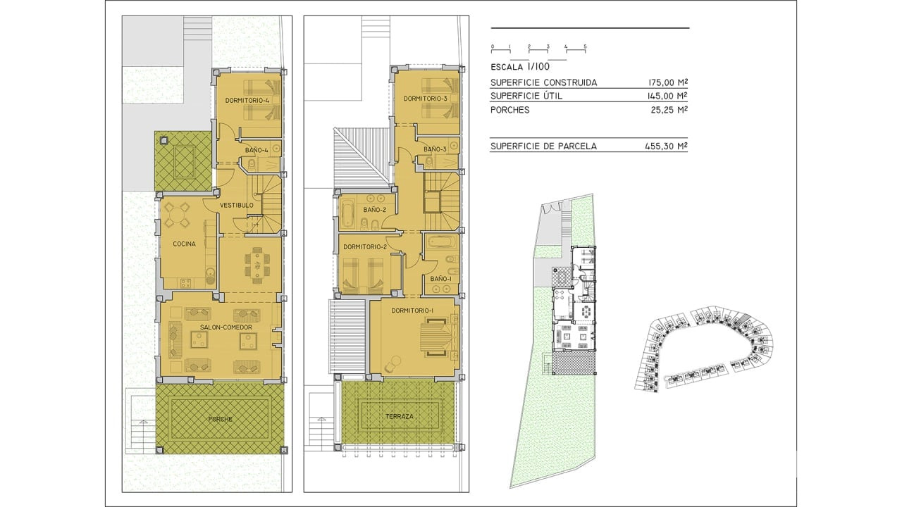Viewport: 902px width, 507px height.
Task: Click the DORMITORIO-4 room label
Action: coord(247,100)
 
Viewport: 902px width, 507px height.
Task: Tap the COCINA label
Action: coord(184,244)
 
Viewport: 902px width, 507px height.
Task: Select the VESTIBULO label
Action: coord(237,205)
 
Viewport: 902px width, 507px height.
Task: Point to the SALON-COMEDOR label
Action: coord(226,327)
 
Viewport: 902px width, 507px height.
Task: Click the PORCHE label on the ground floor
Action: coord(221,419)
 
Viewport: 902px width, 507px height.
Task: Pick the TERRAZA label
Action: coord(400,416)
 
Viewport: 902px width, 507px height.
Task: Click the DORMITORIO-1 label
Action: coord(412,311)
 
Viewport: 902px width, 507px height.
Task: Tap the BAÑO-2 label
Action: coord(374,210)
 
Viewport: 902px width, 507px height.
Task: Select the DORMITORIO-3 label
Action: coord(426,99)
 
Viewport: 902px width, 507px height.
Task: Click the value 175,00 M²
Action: coord(668,82)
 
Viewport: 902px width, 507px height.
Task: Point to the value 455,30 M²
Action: coord(667,146)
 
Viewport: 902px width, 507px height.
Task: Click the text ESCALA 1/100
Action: coord(520,67)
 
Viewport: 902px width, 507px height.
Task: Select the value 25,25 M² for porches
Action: coord(669,110)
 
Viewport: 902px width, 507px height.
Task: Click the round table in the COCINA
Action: coord(176,215)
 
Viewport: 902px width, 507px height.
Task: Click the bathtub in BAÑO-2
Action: coord(347,213)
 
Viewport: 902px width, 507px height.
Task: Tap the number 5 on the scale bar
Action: coord(585,46)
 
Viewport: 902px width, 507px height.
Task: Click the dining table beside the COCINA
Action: coord(257,265)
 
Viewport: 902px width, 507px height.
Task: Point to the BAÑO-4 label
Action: coord(257,151)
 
